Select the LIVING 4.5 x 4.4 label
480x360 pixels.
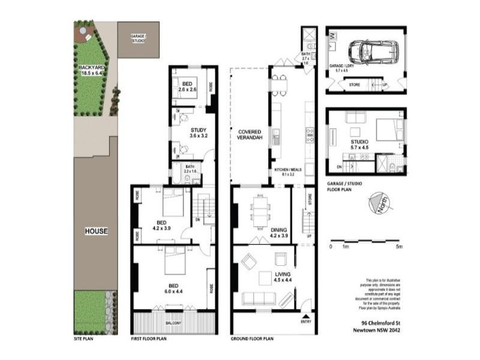(265, 278)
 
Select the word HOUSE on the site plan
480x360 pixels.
(96, 231)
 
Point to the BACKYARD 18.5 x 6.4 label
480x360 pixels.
(92, 71)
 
